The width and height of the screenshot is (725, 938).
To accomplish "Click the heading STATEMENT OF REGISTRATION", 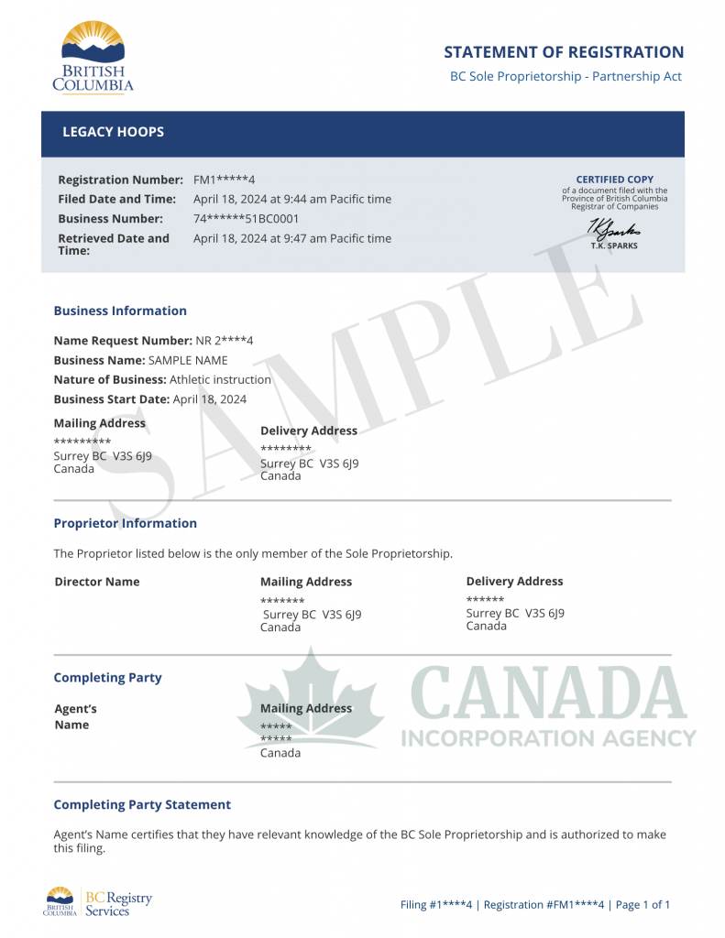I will pyautogui.click(x=564, y=52).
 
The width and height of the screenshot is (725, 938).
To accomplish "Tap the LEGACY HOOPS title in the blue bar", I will pyautogui.click(x=113, y=132).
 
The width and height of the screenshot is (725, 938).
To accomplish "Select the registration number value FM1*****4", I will pyautogui.click(x=225, y=180).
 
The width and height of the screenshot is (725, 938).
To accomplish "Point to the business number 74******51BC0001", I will pyautogui.click(x=246, y=219).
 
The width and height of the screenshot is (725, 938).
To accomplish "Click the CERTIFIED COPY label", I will pyautogui.click(x=614, y=180).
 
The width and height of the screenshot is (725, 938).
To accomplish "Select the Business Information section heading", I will pyautogui.click(x=120, y=311).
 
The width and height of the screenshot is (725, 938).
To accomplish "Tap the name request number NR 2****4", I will pyautogui.click(x=225, y=341).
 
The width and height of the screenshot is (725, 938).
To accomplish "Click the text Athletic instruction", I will pyautogui.click(x=220, y=379).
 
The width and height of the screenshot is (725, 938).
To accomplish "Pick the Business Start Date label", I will pyautogui.click(x=111, y=399).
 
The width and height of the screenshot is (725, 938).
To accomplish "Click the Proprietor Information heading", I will pyautogui.click(x=125, y=523).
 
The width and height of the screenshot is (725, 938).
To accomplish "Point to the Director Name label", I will pyautogui.click(x=97, y=582).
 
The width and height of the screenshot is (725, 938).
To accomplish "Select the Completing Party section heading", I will pyautogui.click(x=107, y=678).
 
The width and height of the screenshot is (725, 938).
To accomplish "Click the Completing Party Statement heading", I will pyautogui.click(x=142, y=804).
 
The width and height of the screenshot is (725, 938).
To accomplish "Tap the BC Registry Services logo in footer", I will pyautogui.click(x=98, y=903).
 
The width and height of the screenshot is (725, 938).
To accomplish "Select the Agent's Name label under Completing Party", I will pyautogui.click(x=74, y=716).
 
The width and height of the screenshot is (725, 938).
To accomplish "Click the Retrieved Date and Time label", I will pyautogui.click(x=114, y=244).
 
